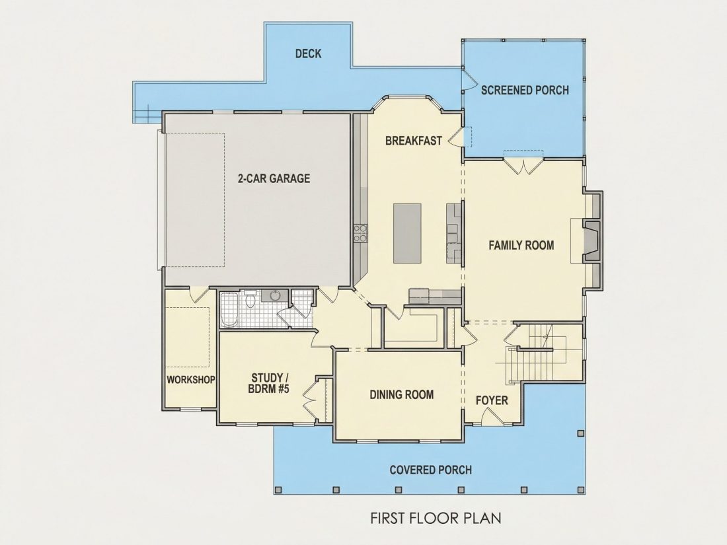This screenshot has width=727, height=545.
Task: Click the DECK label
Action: pos(309,54)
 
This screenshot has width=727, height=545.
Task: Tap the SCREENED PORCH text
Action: pos(525,90)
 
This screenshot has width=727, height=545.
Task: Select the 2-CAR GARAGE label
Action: pos(274,178)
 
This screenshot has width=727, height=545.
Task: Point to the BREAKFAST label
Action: pos(414,141)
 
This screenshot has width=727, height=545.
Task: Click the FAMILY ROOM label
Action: pos(521,245)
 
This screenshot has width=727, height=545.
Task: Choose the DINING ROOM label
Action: pos(402,395)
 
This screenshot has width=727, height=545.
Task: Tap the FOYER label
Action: pos(492,400)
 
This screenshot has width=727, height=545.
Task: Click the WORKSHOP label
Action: pos(190,380)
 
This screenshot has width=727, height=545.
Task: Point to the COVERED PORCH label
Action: pos(431,470)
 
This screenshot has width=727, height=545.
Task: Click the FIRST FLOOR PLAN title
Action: pos(436,518)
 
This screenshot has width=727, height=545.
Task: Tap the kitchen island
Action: pos(408,233)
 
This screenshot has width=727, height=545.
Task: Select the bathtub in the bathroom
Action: pos(229,310)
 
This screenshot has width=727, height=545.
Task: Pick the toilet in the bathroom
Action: pos(250,299)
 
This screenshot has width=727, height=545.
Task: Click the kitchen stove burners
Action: pos(360,233)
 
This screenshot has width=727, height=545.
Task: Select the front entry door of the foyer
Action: pos(492,416)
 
